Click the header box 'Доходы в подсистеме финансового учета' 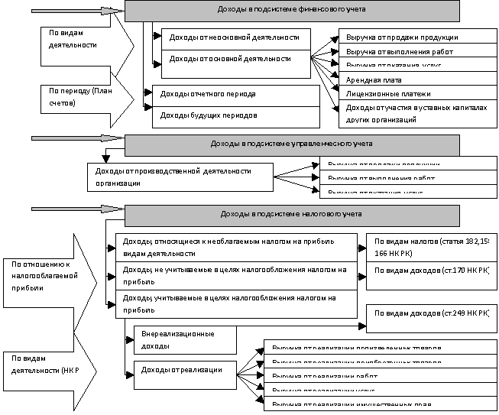tap(292, 11)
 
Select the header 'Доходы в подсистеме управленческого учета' tap(292, 144)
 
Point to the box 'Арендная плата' tap(413, 79)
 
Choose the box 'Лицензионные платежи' tap(413, 94)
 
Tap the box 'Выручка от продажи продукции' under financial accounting tap(413, 37)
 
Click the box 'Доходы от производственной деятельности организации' tap(180, 177)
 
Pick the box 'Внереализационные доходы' tap(184, 339)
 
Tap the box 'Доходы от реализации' tap(184, 370)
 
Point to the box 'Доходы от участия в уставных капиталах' tap(413, 113)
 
